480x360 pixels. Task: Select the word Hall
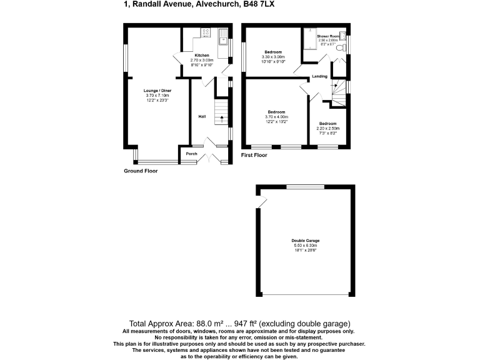[202, 117]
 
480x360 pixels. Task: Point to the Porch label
[191, 154]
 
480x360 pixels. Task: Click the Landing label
[319, 76]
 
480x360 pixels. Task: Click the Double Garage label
[305, 241]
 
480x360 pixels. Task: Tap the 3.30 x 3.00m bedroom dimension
[273, 57]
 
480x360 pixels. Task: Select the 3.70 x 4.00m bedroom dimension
[276, 117]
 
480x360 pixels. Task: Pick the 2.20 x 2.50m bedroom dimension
[327, 129]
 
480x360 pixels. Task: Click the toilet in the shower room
[340, 47]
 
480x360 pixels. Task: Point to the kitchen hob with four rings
[206, 32]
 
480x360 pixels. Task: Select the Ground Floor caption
[141, 171]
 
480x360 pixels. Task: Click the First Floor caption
[254, 154]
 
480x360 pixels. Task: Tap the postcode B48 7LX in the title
[258, 4]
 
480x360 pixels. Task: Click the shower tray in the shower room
[309, 39]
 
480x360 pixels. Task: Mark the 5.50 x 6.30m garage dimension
[305, 246]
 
